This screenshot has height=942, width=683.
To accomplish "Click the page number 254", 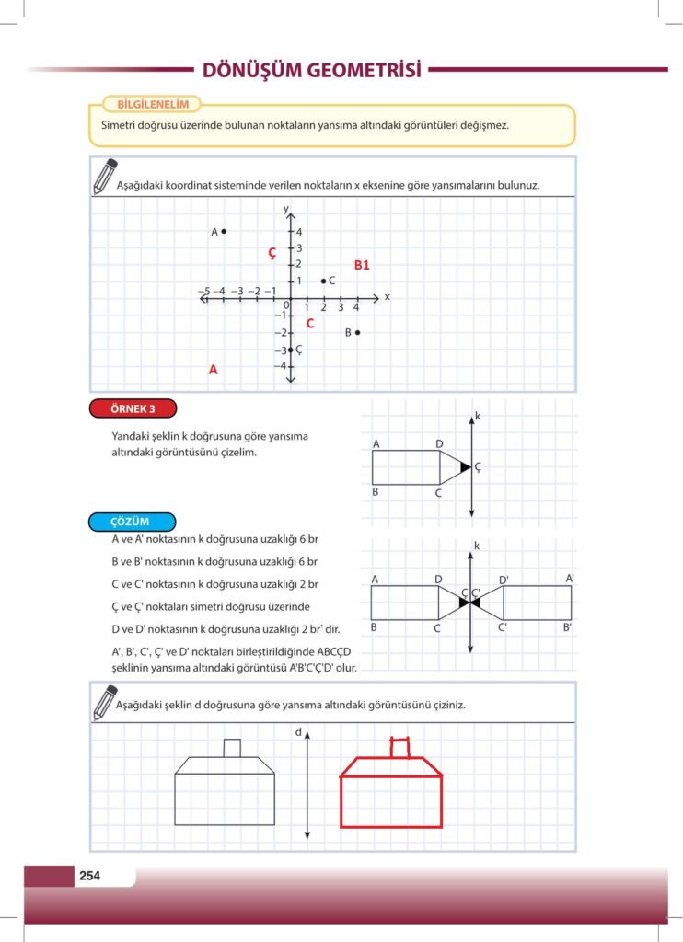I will pos(89,876).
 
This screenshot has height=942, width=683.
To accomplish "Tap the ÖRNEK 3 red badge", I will pos(133,408).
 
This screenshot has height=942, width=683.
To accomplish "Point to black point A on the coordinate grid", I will pos(224,232).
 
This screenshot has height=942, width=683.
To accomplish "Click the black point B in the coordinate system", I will pos(357,332).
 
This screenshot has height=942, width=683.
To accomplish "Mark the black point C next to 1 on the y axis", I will pos(323,281).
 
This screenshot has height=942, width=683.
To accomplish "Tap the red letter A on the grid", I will pos(213,370).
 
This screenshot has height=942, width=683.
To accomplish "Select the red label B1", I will pos(362,265).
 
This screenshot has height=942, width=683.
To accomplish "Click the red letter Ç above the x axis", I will pos(272,253).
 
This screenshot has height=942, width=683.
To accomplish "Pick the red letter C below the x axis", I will pos(310,323).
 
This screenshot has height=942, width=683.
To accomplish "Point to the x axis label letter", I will pos(388,297).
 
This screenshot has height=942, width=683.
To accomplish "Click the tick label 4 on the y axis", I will pos(299,232).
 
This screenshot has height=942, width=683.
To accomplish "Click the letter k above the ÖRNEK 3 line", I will pos(478,417).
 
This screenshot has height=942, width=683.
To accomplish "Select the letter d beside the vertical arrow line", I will pos(299,732).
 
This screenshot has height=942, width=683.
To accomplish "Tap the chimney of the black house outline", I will pos(233,748).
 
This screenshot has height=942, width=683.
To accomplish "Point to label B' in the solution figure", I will pos(568,627).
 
